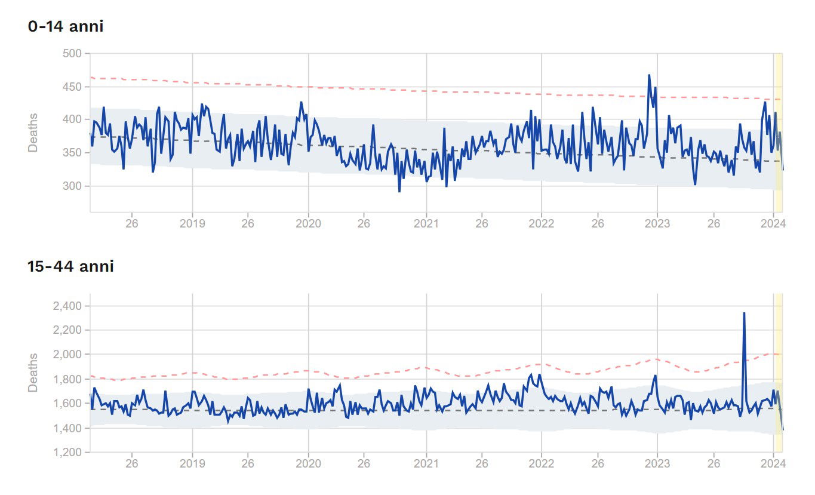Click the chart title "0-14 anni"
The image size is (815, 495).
[x=66, y=26]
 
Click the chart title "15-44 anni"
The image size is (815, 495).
[x=70, y=266]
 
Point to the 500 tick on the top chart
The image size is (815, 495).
[x=72, y=54]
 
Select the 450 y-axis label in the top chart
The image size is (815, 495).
[x=72, y=87]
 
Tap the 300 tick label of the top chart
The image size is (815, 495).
[x=72, y=186]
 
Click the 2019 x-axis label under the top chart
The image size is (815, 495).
[x=192, y=224]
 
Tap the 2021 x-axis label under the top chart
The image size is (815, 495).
[x=426, y=224]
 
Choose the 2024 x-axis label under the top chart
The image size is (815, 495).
[x=774, y=224]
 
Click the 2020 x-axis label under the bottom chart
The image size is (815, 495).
[x=309, y=463]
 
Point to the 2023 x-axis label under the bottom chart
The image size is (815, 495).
[x=657, y=463]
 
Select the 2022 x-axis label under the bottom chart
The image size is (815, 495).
[x=542, y=463]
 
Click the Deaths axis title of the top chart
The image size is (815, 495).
[x=33, y=132]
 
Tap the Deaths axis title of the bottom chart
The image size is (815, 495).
[x=33, y=373]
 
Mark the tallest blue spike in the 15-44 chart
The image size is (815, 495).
[x=744, y=313]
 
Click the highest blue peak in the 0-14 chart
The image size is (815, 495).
[x=649, y=76]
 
